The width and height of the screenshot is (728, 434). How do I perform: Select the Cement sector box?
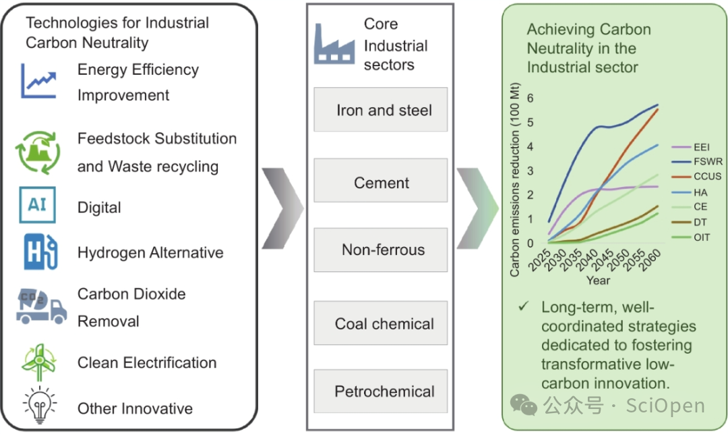pos(382,182)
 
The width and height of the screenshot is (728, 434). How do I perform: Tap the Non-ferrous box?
pos(383,250)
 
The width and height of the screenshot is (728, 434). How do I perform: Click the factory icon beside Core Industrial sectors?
pos(334,45)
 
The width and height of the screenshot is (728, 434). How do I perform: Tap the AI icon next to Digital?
pos(37,205)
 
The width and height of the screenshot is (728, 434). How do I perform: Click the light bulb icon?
pos(39,405)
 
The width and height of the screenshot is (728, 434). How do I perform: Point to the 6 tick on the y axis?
pos(530,98)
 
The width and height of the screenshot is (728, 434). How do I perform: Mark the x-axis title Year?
pos(598,279)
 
